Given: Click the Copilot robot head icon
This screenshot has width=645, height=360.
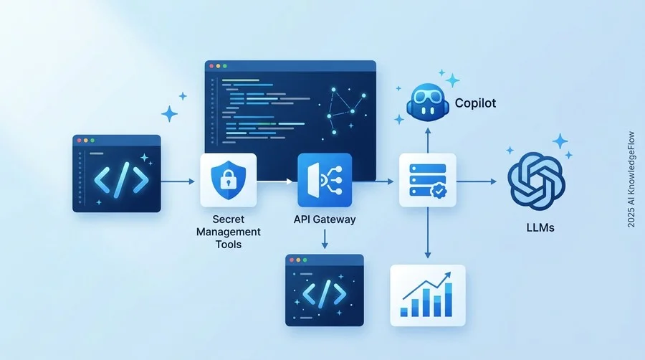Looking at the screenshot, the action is [x=426, y=103].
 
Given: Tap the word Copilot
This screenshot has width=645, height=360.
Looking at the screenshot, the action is [x=475, y=103].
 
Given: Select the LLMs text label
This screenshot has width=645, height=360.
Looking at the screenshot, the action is [x=540, y=227].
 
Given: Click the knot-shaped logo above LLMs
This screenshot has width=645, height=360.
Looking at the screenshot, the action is [x=536, y=181].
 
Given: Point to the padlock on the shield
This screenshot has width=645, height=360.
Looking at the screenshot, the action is [x=228, y=180].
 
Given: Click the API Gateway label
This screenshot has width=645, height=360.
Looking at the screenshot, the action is [x=325, y=219].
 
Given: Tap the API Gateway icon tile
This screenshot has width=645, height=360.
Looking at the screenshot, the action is [x=325, y=180].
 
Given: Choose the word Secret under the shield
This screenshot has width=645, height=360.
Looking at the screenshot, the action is [x=229, y=219].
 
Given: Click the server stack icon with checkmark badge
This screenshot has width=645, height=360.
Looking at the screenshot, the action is [x=428, y=180].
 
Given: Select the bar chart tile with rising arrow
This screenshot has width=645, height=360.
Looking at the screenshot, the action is [x=428, y=295].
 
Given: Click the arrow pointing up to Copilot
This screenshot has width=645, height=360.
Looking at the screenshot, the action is [x=428, y=141].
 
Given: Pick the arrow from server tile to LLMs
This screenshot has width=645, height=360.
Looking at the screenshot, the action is [x=477, y=181].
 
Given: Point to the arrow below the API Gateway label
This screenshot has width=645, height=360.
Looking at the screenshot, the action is [x=325, y=239].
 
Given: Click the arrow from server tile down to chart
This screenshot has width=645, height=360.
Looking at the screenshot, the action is [x=428, y=232].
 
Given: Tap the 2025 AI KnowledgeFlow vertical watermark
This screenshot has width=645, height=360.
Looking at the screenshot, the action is [x=631, y=179].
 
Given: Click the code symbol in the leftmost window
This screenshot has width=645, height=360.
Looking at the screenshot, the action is [x=121, y=180].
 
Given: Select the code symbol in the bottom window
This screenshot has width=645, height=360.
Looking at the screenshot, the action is [x=325, y=293].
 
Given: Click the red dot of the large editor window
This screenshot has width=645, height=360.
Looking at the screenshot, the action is [x=211, y=66].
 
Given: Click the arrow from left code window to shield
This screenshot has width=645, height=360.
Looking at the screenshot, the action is [x=178, y=181].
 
